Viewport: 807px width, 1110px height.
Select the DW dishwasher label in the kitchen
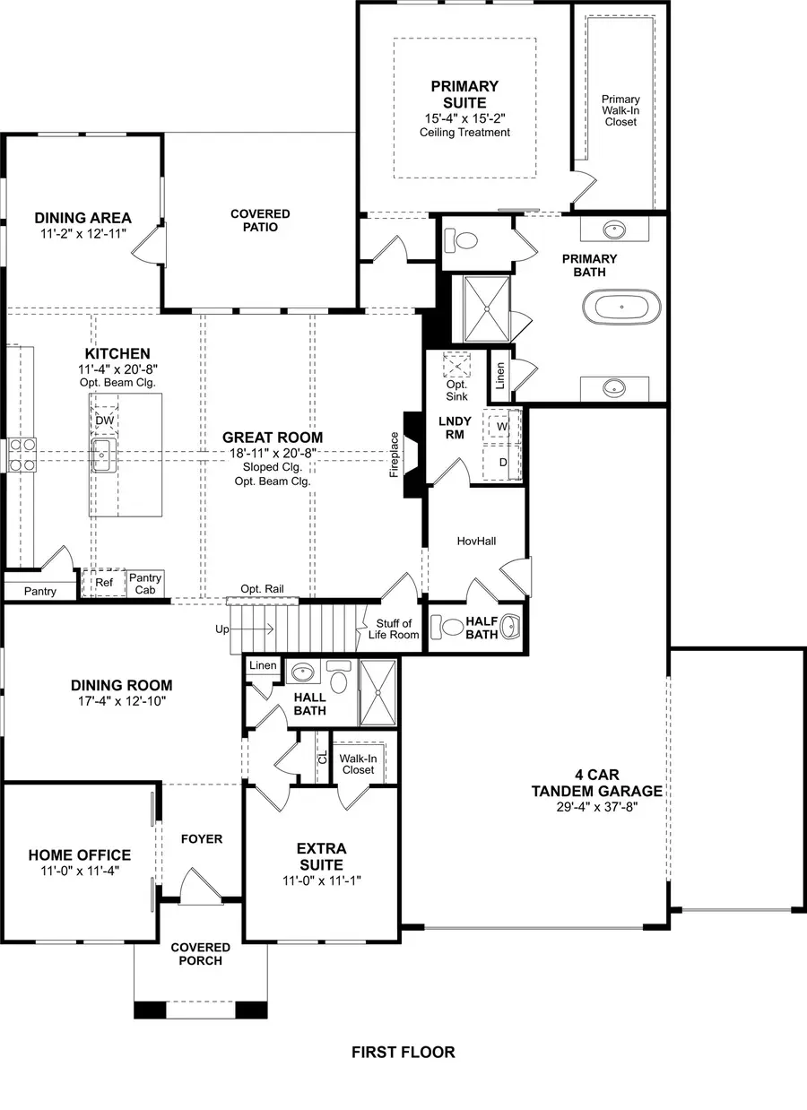[x=104, y=420]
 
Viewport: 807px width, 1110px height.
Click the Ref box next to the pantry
[x=104, y=581]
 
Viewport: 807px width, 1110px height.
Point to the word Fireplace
[x=395, y=455]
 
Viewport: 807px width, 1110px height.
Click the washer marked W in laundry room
[x=502, y=427]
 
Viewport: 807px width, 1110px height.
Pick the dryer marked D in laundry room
[x=502, y=461]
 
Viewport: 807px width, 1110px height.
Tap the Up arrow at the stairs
[x=222, y=629]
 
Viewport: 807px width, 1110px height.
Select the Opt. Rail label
[x=262, y=588]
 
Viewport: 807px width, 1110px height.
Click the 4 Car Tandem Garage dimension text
[x=596, y=807]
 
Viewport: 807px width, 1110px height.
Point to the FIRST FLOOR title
[x=403, y=1052]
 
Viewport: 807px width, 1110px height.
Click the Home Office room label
[x=79, y=854]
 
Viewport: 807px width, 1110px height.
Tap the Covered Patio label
[x=260, y=221]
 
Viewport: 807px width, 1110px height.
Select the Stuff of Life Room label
[x=394, y=629]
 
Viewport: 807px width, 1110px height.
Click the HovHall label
[x=476, y=542]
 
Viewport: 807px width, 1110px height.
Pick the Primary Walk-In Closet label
[x=620, y=110]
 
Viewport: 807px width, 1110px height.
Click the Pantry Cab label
[x=144, y=584]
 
